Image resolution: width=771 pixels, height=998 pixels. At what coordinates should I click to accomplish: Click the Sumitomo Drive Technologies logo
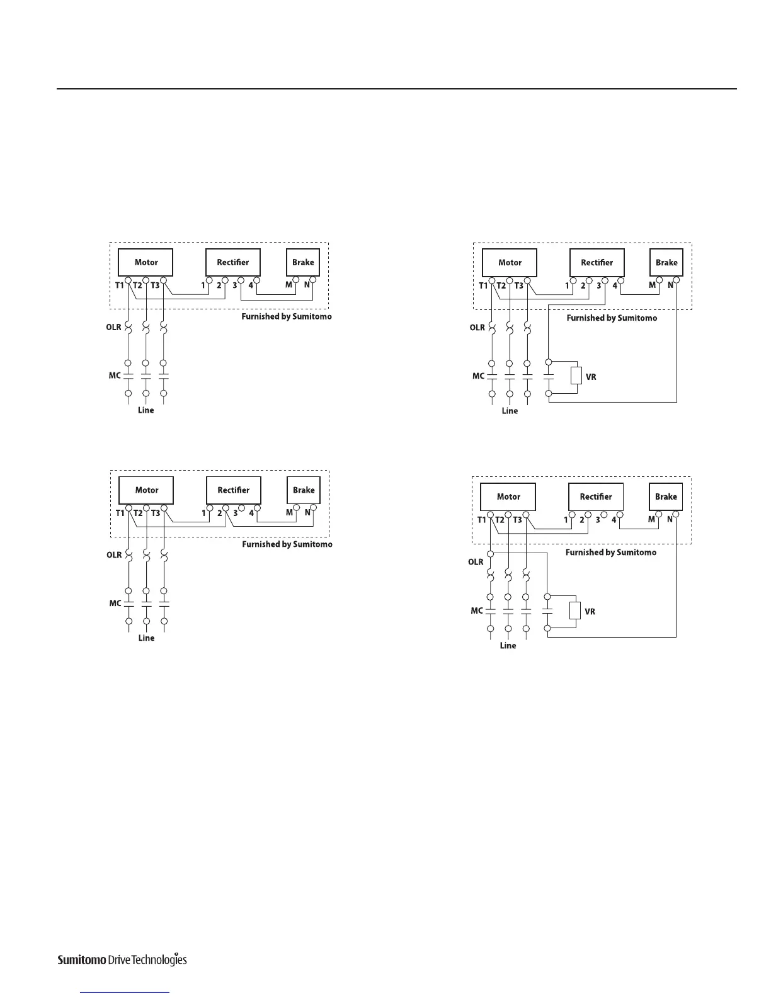122,960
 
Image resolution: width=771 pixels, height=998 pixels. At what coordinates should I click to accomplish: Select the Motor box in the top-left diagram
146,262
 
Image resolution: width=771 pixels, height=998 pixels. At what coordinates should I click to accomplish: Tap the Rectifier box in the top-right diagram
597,263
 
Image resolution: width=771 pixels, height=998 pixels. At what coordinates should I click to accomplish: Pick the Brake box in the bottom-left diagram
304,490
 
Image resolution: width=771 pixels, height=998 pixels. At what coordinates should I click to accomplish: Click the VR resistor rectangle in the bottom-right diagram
574,611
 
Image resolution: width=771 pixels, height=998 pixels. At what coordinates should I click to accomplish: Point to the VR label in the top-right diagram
591,377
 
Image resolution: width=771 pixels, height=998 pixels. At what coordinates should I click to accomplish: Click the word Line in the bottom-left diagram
146,638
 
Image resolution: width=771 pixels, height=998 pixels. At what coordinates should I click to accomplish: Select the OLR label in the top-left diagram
113,327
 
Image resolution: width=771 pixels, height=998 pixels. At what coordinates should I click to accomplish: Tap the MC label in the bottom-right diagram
477,611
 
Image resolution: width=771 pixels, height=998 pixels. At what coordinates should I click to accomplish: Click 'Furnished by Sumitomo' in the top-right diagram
612,318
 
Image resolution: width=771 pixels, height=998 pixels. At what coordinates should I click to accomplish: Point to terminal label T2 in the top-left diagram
137,285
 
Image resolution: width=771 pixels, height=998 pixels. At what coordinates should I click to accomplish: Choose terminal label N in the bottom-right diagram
670,520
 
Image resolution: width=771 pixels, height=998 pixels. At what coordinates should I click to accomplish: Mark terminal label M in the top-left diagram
289,285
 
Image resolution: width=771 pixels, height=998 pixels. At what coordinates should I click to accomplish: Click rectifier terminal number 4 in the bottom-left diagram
251,513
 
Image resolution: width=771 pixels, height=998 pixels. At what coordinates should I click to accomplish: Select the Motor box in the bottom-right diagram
508,496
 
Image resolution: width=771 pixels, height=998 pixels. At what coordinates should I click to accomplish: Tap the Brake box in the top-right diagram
666,263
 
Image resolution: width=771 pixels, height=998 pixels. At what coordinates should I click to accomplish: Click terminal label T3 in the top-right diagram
519,286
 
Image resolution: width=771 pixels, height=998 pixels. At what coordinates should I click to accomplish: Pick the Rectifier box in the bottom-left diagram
234,490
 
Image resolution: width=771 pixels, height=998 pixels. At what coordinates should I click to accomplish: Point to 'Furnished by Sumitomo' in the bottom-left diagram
287,544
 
